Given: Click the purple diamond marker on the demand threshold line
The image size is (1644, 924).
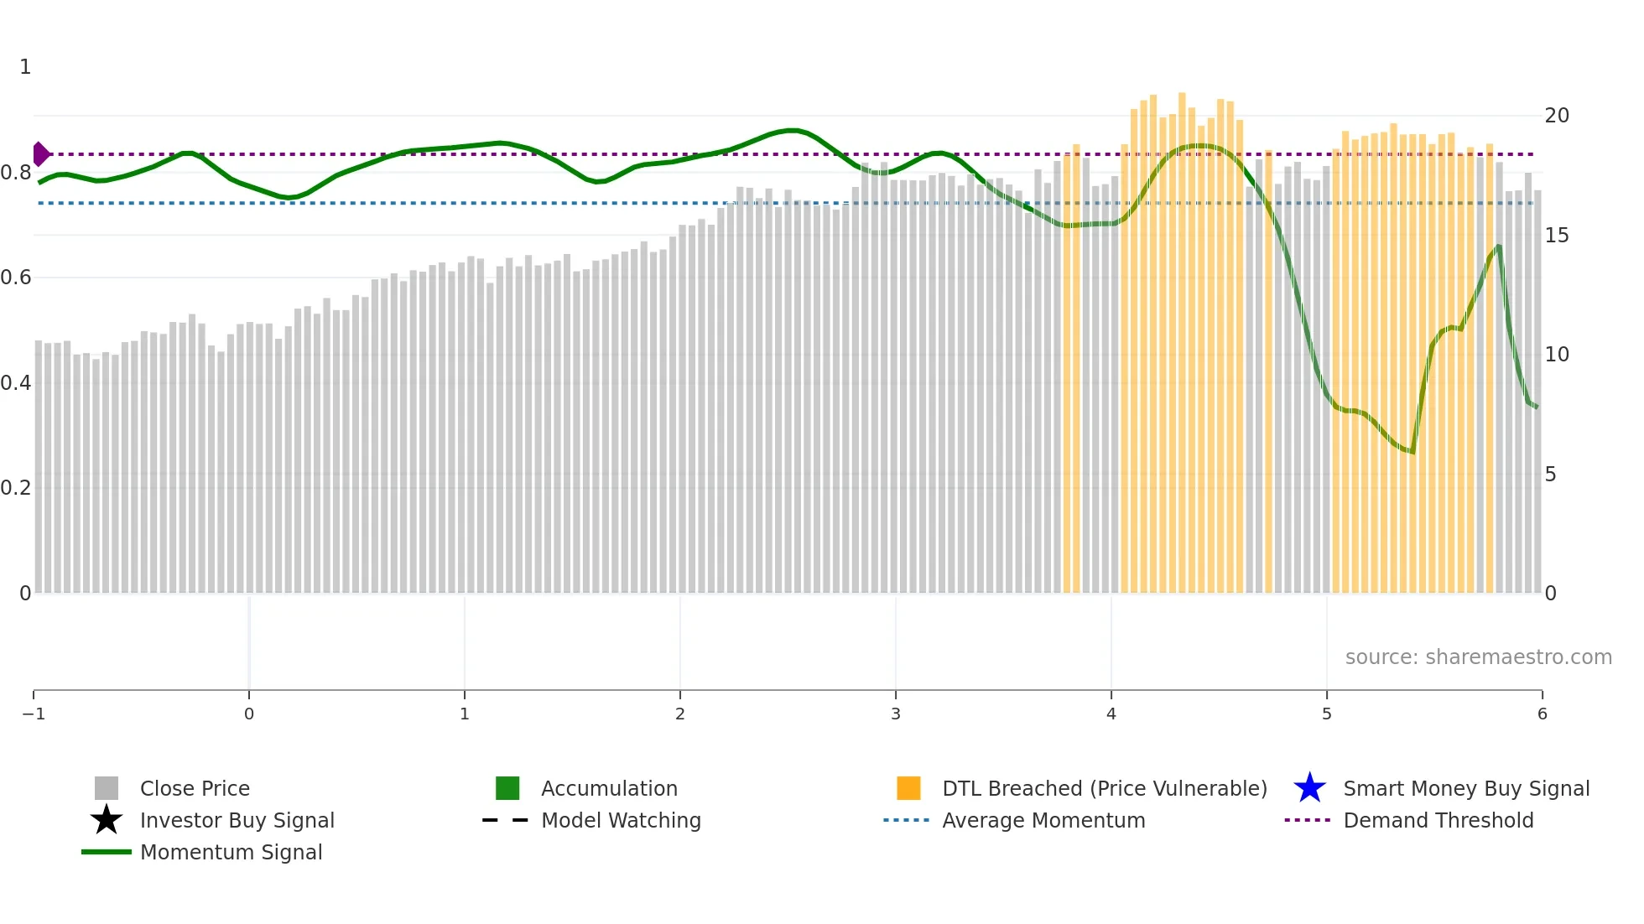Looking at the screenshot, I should (40, 154).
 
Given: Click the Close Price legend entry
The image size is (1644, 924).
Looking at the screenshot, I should (195, 788).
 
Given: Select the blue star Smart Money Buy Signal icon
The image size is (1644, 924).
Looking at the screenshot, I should (1309, 788).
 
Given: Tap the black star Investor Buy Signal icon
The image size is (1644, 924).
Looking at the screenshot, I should (107, 820).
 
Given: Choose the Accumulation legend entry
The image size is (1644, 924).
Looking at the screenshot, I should (609, 788).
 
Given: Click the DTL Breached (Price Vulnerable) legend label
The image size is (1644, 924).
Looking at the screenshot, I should (1104, 788).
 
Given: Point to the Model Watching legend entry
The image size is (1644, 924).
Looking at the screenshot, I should (621, 820).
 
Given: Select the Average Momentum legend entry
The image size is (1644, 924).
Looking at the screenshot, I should (1043, 820).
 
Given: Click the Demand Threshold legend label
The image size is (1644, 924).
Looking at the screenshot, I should (1438, 820).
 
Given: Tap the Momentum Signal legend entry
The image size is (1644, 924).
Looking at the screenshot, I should (231, 852).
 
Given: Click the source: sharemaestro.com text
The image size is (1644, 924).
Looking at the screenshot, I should (1478, 657).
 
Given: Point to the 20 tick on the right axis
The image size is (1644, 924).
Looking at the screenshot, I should (1557, 116).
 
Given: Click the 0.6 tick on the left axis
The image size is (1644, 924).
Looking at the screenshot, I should (16, 278).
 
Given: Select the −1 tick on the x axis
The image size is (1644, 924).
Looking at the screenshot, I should (34, 714).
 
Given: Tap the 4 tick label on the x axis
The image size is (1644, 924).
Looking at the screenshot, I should (1111, 714).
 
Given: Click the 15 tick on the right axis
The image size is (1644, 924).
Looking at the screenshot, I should (1557, 236).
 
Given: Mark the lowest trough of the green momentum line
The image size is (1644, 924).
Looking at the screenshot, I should (1412, 452).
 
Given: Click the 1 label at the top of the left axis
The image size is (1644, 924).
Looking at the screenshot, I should (25, 67).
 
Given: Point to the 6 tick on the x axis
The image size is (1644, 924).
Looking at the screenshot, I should (1542, 714).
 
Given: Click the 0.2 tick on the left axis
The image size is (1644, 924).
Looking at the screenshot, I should (16, 488).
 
